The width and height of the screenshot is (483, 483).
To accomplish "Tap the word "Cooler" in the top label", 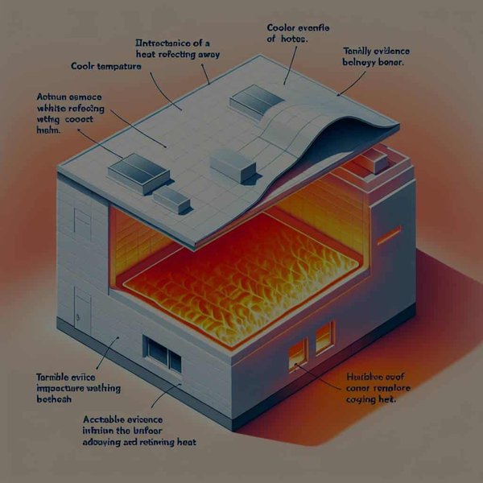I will (x=283, y=27).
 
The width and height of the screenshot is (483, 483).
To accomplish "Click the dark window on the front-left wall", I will (x=163, y=349).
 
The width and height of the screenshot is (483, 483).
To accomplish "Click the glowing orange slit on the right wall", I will (x=390, y=234).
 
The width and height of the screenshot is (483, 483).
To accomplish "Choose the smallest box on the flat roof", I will (x=171, y=199).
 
